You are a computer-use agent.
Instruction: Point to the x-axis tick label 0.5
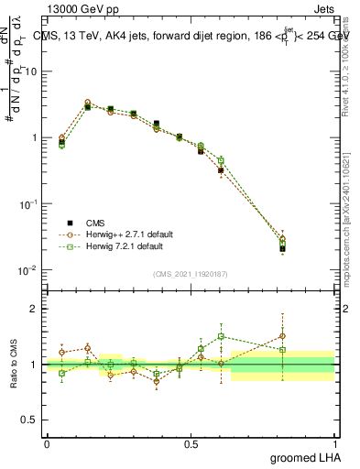[191, 443]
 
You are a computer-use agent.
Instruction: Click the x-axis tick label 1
[334, 443]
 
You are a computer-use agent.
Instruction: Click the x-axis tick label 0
[47, 443]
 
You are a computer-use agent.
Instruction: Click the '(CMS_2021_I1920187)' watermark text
[191, 274]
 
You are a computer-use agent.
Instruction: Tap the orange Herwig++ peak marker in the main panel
[87, 103]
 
